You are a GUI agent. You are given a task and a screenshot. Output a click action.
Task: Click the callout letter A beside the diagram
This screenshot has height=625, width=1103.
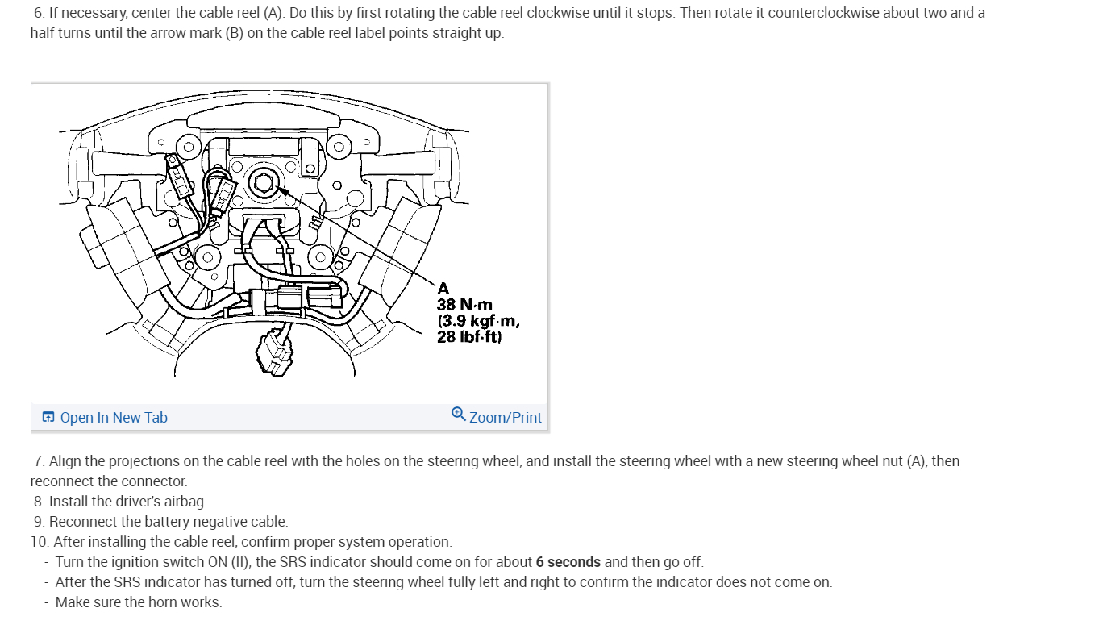pos(443,288)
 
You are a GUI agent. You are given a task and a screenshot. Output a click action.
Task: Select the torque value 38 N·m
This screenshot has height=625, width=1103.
pos(464,305)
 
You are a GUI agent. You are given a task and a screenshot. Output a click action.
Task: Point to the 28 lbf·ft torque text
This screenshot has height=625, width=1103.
pos(469,337)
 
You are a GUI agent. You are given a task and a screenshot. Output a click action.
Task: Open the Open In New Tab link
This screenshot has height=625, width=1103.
pos(114,418)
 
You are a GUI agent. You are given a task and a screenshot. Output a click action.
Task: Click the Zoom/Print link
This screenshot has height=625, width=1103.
pos(506,418)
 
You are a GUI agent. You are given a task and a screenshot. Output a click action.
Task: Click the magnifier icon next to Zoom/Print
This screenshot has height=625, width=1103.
pos(458,415)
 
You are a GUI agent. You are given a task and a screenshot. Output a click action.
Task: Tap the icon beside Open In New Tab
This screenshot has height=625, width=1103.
pos(48,418)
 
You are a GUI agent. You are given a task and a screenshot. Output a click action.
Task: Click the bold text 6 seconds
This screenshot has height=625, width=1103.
pos(568,562)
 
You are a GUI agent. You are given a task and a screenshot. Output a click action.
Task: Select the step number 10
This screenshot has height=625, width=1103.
pos(39,542)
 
